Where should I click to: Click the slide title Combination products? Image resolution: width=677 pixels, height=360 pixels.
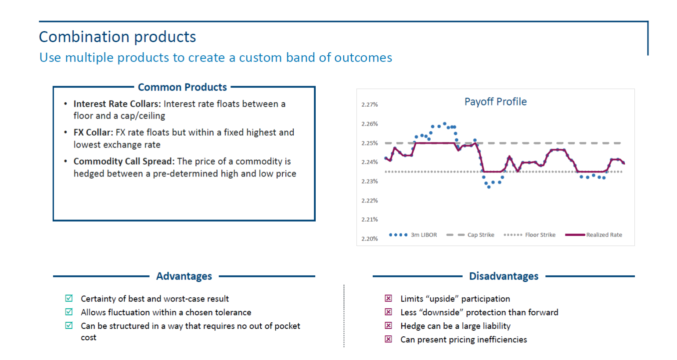click(x=117, y=37)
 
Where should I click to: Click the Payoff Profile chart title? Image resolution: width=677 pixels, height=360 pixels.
click(x=495, y=102)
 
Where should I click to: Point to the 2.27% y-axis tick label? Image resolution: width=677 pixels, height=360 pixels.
click(x=369, y=104)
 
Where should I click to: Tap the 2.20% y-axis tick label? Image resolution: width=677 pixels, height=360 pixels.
click(x=369, y=239)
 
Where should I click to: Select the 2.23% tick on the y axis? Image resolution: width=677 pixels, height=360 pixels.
click(x=369, y=181)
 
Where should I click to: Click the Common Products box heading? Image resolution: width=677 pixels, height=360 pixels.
click(x=182, y=87)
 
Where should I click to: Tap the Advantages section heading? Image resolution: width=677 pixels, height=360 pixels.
click(x=184, y=276)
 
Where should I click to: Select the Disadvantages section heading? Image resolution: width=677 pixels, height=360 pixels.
click(x=504, y=276)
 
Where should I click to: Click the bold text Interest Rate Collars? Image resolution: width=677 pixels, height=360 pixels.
click(x=117, y=104)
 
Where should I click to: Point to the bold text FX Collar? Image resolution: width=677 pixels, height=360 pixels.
click(x=93, y=133)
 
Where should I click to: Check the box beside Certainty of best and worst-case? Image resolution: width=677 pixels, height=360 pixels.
click(x=69, y=299)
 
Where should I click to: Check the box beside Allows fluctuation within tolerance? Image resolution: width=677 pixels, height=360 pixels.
click(x=69, y=312)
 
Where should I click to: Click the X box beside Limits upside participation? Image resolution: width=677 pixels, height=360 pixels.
click(x=389, y=299)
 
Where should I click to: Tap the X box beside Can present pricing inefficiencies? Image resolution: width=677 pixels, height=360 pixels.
click(x=389, y=339)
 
